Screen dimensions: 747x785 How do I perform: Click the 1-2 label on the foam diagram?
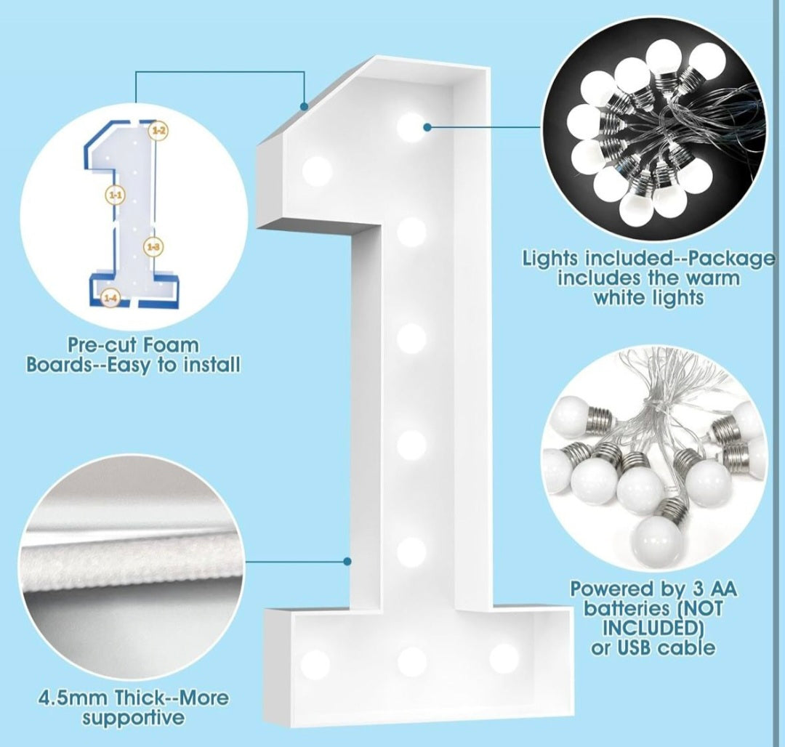[x=158, y=131]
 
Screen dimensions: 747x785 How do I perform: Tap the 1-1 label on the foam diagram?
[x=116, y=195]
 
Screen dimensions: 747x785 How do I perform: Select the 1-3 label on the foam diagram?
[x=153, y=247]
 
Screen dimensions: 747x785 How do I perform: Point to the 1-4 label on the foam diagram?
[x=110, y=297]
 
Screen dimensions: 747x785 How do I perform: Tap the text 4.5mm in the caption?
[x=75, y=699]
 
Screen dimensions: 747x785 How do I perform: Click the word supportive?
[x=132, y=719]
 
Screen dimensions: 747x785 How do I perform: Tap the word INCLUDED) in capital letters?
[x=646, y=627]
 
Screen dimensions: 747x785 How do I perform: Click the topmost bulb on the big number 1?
[x=411, y=126]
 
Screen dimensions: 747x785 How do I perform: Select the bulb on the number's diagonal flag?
[x=318, y=171]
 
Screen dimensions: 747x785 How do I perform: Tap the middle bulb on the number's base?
[x=411, y=661]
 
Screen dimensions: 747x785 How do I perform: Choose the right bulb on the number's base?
[x=504, y=658]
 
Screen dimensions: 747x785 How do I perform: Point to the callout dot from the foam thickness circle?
[x=348, y=561]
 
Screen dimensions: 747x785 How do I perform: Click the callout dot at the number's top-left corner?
[x=305, y=106]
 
